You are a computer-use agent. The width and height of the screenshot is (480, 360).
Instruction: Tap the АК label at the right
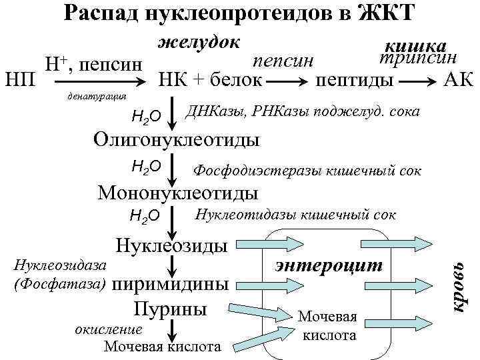pyautogui.click(x=458, y=79)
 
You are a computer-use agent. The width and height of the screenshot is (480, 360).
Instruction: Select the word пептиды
pyautogui.click(x=353, y=80)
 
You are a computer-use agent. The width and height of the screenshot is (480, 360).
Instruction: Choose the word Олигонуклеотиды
pyautogui.click(x=176, y=140)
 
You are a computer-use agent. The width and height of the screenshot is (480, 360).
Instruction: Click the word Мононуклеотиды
pyautogui.click(x=178, y=193)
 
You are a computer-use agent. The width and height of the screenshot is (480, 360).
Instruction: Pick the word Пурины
pyautogui.click(x=171, y=309)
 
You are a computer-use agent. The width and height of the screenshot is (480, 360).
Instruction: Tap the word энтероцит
pyautogui.click(x=329, y=265)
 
